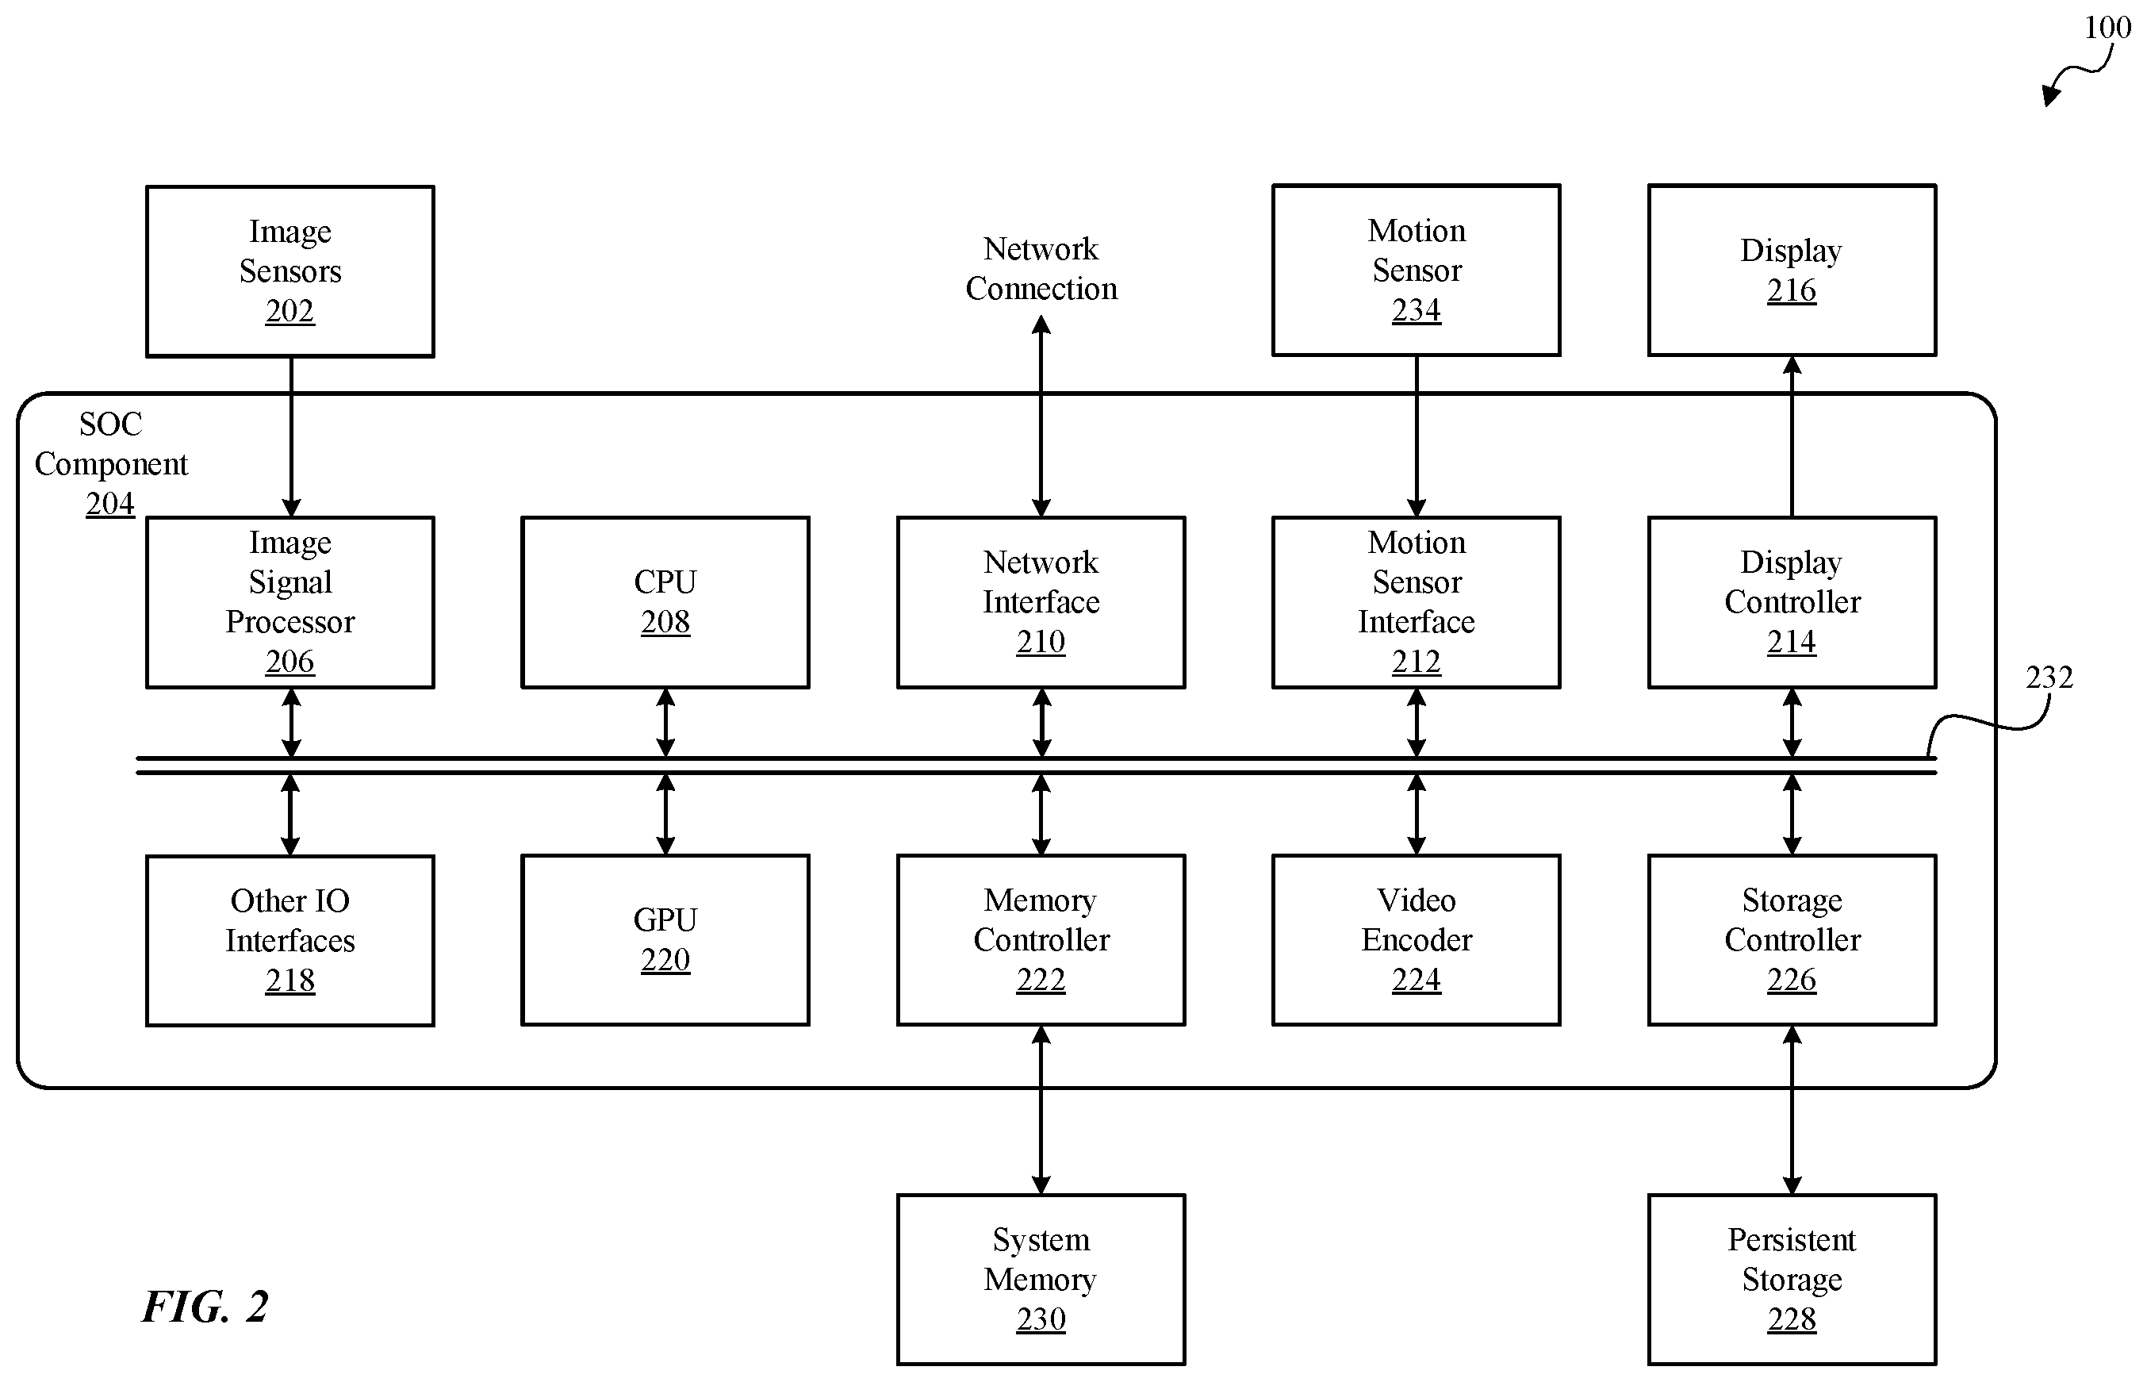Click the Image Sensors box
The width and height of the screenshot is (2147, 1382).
tap(289, 271)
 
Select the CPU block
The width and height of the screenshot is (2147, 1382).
tap(665, 602)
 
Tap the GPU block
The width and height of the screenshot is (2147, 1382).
tap(665, 939)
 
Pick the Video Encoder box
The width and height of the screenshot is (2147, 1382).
tap(1416, 939)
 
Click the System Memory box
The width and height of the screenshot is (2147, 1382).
tap(1041, 1279)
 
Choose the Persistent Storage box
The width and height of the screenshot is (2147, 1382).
tap(1792, 1279)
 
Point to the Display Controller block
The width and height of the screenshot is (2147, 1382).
tap(1792, 602)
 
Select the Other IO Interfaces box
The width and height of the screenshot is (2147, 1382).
tap(289, 939)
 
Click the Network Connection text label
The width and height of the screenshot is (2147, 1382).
tap(1041, 268)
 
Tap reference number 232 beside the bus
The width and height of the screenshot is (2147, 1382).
tap(2049, 677)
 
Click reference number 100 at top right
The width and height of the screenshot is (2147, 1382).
tap(2107, 27)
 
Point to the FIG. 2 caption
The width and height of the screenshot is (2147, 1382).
tap(205, 1307)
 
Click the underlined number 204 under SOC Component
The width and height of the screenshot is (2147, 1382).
tap(109, 504)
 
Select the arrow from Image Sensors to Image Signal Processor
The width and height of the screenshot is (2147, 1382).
tap(291, 437)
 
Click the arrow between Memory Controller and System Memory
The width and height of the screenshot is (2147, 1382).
tap(1041, 1110)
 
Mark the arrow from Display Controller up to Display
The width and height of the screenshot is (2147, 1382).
tap(1792, 436)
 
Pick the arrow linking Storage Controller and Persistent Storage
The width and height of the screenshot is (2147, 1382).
tap(1792, 1110)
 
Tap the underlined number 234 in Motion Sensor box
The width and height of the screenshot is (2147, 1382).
tap(1416, 310)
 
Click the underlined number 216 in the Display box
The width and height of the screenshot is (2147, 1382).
tap(1792, 290)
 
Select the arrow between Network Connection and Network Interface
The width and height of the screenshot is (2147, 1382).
tap(1041, 417)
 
